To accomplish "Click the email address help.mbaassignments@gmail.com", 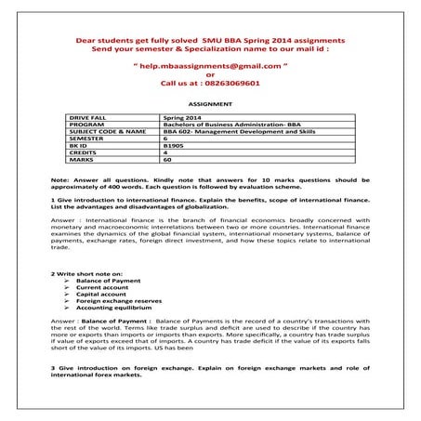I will tap(210, 68).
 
